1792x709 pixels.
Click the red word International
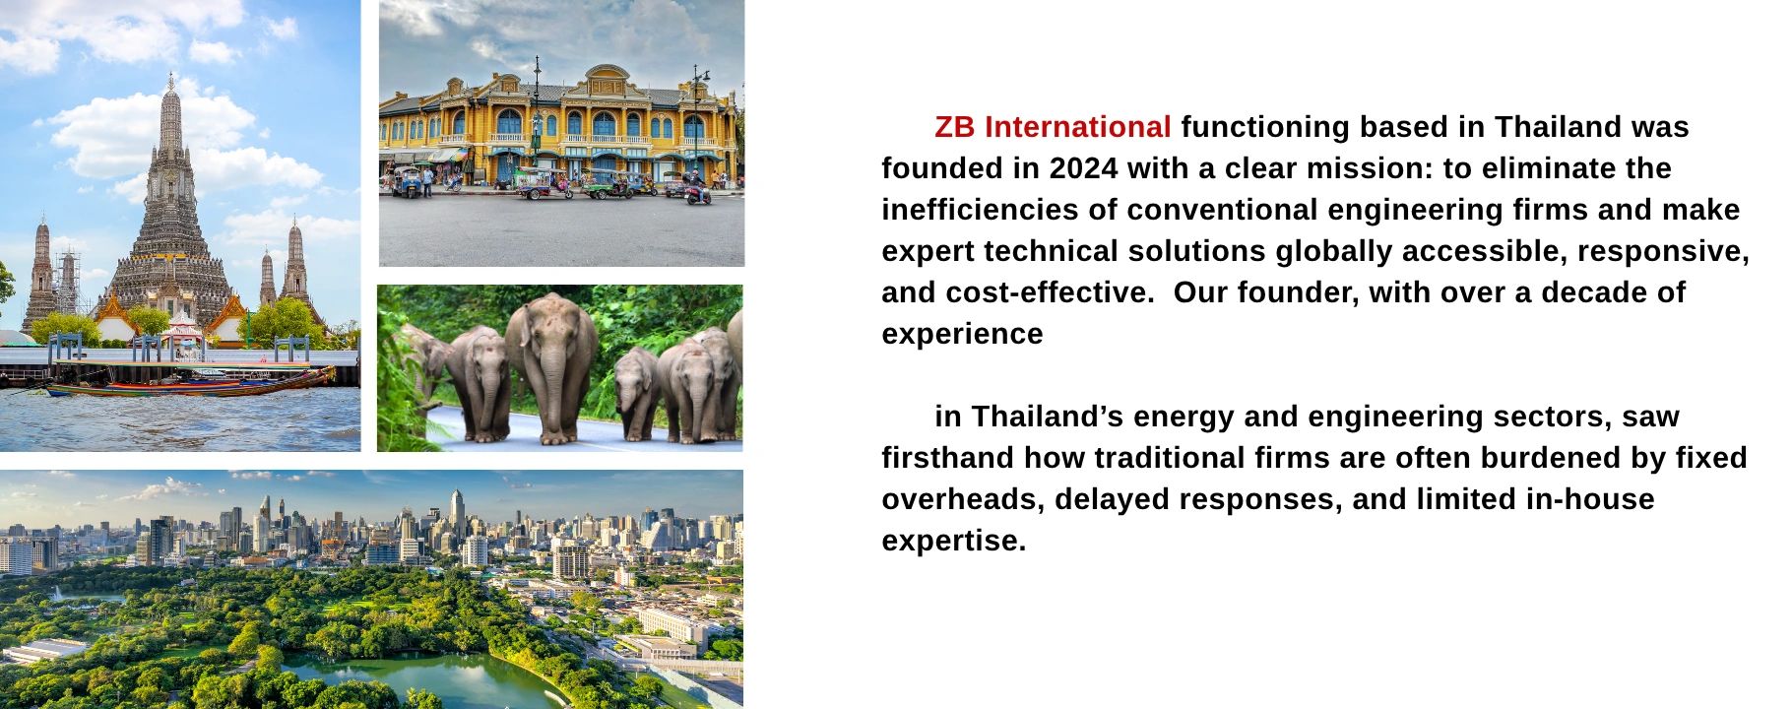click(x=1077, y=127)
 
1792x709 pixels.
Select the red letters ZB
click(x=955, y=127)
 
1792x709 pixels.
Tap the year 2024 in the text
click(x=1083, y=168)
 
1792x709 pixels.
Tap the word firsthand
click(x=948, y=458)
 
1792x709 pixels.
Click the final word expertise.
click(x=953, y=541)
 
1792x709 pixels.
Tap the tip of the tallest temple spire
click(x=171, y=74)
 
